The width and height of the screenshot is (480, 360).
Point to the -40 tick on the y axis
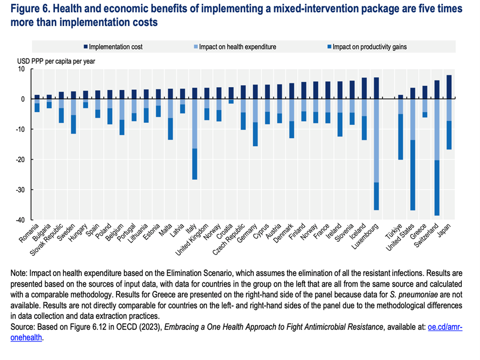pos(21,220)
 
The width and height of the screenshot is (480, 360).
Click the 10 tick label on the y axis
pos(21,69)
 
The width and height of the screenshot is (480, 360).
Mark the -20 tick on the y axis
pos(21,160)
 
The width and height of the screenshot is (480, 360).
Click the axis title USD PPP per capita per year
pos(56,61)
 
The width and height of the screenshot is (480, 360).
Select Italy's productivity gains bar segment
pos(194,164)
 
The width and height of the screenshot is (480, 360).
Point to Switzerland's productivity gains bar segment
pos(436,188)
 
